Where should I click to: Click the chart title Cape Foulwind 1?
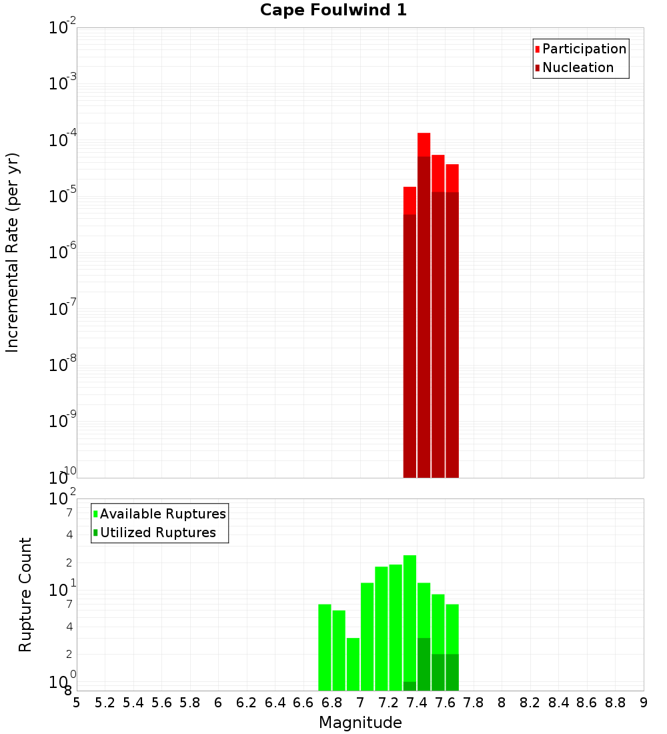333,10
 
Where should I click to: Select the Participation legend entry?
580,49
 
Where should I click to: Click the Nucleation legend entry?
574,67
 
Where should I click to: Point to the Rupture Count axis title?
25,594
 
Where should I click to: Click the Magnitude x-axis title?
360,723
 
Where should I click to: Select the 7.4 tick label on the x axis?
417,702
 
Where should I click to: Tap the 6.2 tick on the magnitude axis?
247,702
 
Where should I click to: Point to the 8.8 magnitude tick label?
615,702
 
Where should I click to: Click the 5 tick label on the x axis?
77,702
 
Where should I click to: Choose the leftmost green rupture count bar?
325,647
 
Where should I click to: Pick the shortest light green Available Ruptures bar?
353,664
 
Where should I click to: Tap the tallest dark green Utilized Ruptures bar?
424,664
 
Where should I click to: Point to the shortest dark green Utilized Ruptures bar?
410,686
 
